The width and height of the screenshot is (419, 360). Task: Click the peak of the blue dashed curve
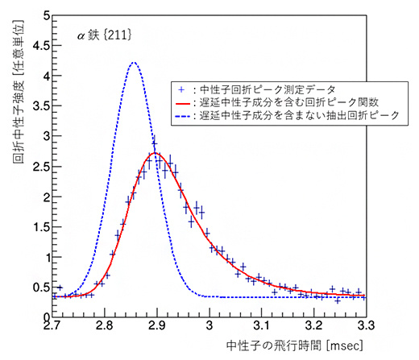coord(134,63)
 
